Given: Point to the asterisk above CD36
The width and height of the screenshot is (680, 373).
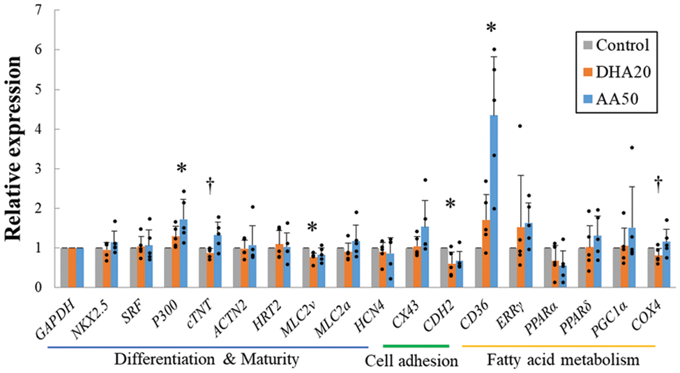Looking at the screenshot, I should click(492, 29).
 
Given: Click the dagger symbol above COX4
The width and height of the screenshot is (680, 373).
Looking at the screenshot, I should click(659, 183).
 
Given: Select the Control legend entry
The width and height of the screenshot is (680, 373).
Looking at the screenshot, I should click(617, 45).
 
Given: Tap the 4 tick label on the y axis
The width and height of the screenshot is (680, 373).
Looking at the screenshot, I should click(37, 129).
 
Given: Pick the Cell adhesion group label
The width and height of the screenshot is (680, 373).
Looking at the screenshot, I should click(412, 360).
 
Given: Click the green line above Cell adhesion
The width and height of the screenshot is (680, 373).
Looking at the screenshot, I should click(415, 346).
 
